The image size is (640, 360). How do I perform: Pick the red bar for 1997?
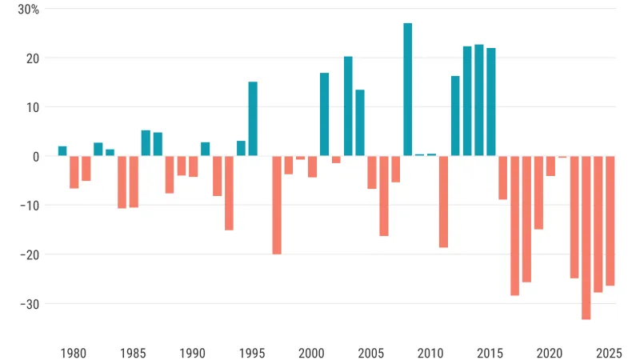click(x=277, y=205)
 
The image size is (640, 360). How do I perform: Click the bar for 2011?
click(x=443, y=202)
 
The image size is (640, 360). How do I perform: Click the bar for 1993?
click(x=229, y=193)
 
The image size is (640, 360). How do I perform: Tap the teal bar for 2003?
click(x=348, y=106)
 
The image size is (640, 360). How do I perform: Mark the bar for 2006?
click(x=383, y=196)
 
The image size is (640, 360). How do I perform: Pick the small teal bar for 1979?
click(x=62, y=151)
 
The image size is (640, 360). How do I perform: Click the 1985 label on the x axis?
click(x=134, y=353)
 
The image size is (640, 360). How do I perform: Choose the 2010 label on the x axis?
click(x=431, y=353)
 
